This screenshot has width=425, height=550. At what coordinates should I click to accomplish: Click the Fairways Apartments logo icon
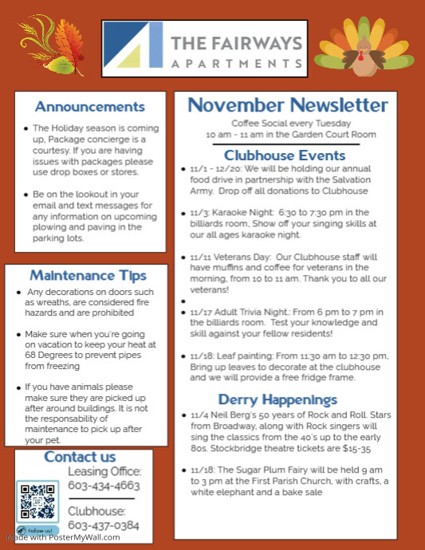(133, 45)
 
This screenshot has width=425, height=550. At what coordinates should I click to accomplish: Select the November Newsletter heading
(288, 105)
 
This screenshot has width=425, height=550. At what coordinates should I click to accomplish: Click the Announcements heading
(90, 107)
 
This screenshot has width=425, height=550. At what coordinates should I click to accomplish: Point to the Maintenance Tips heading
(89, 276)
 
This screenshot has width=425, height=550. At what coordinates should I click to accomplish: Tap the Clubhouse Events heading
(285, 155)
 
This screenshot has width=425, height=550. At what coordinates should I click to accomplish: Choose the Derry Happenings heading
(278, 399)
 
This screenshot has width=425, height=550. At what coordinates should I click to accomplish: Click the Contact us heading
(80, 457)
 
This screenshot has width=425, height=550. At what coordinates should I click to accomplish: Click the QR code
(37, 502)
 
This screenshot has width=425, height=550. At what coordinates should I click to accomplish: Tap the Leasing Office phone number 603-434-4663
(104, 485)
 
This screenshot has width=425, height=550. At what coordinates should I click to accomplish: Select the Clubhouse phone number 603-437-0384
(104, 525)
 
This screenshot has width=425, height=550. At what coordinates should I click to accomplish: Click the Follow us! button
(38, 530)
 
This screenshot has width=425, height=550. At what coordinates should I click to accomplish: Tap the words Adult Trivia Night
(258, 313)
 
